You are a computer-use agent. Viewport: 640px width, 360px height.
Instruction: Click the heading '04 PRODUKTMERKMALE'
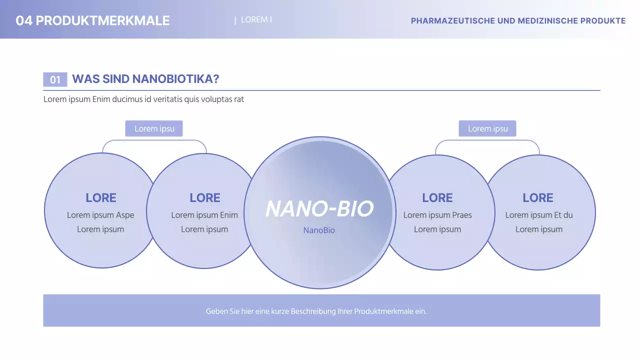pyautogui.click(x=92, y=20)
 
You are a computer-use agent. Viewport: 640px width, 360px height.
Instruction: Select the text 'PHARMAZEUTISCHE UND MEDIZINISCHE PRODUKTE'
pyautogui.click(x=518, y=21)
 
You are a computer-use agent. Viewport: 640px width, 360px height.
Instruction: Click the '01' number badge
pyautogui.click(x=55, y=79)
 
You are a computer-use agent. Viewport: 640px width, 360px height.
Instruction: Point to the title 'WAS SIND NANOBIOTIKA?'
pyautogui.click(x=145, y=79)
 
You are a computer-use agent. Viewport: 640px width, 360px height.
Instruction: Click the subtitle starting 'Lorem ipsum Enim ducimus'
pyautogui.click(x=143, y=99)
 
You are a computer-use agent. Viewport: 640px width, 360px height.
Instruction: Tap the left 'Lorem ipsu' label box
pyautogui.click(x=154, y=128)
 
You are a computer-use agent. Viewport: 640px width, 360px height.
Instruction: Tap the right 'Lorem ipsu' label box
pyautogui.click(x=487, y=128)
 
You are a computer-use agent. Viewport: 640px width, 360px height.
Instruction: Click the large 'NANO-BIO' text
pyautogui.click(x=319, y=208)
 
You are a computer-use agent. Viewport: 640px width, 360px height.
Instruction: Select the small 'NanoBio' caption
pyautogui.click(x=319, y=230)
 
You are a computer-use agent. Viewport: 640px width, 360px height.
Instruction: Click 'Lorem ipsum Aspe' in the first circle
pyautogui.click(x=100, y=215)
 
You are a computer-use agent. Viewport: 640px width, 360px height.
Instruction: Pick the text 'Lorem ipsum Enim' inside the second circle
pyautogui.click(x=204, y=215)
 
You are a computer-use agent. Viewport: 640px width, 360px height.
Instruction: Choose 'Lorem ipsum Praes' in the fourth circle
pyautogui.click(x=437, y=215)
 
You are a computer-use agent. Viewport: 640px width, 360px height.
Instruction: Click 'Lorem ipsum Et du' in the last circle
pyautogui.click(x=539, y=215)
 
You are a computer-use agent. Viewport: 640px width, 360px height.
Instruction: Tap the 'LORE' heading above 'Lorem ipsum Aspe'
pyautogui.click(x=101, y=197)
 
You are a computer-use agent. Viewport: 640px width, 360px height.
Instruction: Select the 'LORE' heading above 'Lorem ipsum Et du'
pyautogui.click(x=538, y=197)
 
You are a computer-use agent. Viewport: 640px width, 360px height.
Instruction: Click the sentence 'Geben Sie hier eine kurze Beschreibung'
pyautogui.click(x=316, y=311)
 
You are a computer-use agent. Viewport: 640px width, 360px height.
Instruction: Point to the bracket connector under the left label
pyautogui.click(x=154, y=140)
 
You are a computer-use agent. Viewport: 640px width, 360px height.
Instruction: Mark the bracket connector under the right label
pyautogui.click(x=487, y=140)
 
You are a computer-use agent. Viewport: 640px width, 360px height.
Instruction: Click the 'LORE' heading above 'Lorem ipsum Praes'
pyautogui.click(x=437, y=197)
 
